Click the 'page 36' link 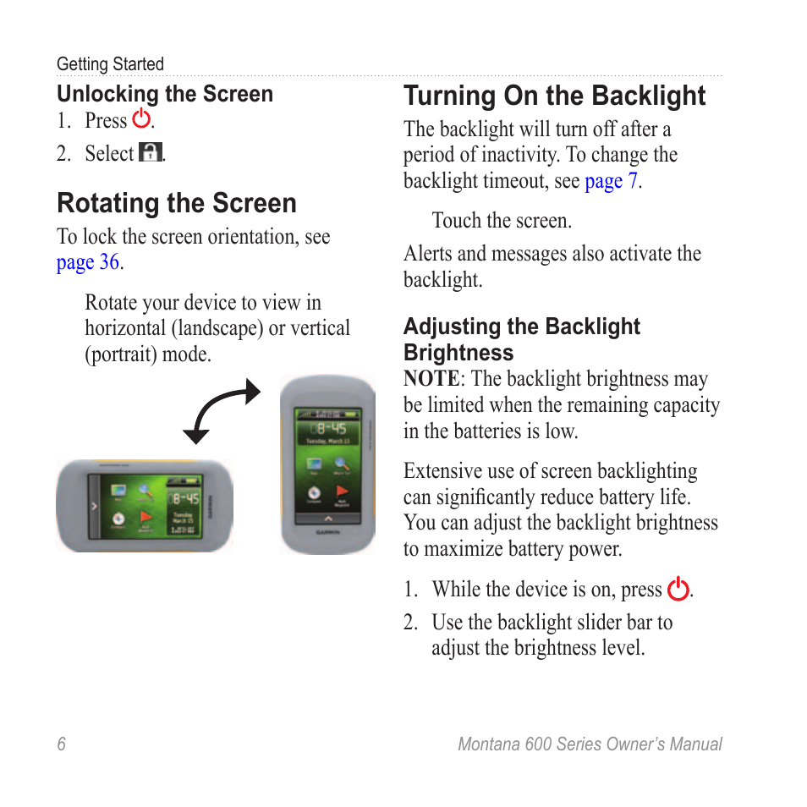point(88,262)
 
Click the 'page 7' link point(611,181)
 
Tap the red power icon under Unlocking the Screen point(141,119)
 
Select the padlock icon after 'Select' point(150,153)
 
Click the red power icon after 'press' point(678,589)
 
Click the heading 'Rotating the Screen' point(177,203)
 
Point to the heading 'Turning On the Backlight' point(554,96)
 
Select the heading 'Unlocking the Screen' point(165,94)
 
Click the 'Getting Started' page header point(110,64)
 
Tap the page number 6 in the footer point(61,744)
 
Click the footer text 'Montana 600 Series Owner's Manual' point(590,744)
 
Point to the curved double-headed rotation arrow point(222,411)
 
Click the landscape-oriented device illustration point(144,506)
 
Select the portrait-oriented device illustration point(327,464)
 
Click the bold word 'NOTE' point(431,379)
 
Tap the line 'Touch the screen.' point(502,221)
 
